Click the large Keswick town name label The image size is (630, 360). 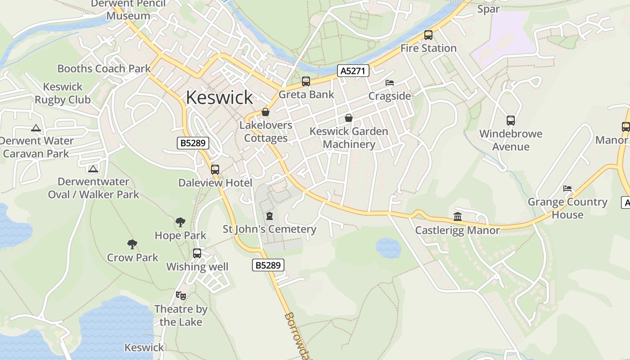219,97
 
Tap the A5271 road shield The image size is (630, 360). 353,71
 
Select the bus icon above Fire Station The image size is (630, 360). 428,35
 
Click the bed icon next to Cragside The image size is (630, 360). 390,83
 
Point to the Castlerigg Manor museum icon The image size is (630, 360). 458,217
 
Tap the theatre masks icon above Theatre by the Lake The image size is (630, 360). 181,296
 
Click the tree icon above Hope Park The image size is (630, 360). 180,222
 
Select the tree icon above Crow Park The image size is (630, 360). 132,244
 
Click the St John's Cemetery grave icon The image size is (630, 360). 270,216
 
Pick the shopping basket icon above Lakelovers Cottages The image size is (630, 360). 265,112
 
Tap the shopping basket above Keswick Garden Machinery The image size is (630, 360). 349,118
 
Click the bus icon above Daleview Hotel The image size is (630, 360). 215,170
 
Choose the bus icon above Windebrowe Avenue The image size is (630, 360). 510,121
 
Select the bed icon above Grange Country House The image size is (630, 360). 567,189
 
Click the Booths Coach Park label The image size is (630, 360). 104,69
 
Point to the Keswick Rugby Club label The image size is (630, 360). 63,93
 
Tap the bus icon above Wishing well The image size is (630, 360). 197,253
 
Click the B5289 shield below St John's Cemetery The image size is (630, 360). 268,265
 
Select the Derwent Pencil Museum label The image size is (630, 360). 128,10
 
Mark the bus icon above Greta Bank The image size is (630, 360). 306,81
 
